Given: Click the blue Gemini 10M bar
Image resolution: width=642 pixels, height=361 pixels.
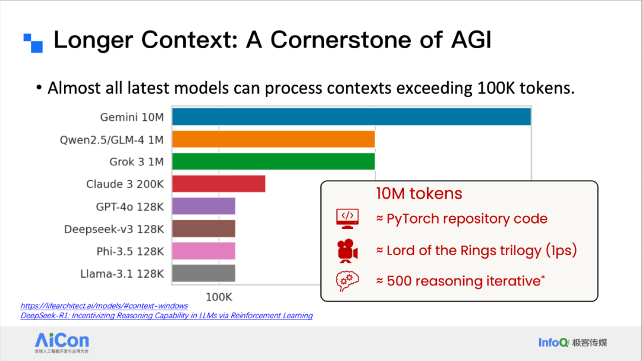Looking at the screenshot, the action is [x=351, y=117].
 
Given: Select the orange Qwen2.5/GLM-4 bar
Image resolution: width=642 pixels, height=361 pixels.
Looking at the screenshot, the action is [x=273, y=139].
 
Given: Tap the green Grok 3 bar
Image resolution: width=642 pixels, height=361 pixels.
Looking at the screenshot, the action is [x=273, y=161].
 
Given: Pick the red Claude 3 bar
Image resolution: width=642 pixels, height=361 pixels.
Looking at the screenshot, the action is [x=219, y=184].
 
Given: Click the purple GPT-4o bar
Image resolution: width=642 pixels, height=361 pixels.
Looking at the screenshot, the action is [x=203, y=206].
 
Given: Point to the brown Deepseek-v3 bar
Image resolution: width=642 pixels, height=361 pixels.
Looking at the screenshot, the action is [x=203, y=228].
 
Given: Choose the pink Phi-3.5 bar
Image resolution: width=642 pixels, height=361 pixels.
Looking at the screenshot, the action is [x=203, y=251].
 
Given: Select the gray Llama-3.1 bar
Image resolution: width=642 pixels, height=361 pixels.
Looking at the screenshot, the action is [x=203, y=274].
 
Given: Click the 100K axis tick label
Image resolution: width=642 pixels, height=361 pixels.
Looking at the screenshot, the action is [x=219, y=297].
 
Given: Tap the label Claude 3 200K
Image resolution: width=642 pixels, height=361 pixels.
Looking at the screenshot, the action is [x=125, y=184].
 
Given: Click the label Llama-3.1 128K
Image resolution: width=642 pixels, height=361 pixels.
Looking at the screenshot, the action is [x=122, y=274].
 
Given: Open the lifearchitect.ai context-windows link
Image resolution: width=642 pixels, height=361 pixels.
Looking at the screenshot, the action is [x=104, y=306].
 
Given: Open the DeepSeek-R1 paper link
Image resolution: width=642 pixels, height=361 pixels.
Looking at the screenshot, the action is [x=166, y=316].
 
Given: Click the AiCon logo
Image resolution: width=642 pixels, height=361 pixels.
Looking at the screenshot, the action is [x=62, y=343].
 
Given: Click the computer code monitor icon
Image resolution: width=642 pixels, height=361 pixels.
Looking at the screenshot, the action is [x=347, y=218].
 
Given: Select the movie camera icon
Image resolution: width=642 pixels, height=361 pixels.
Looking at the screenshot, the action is [x=347, y=250].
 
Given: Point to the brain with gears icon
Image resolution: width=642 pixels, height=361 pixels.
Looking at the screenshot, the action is [x=347, y=281].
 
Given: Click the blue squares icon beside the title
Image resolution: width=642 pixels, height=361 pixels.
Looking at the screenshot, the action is [x=33, y=43].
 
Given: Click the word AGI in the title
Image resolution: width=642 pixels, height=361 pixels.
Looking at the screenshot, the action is [x=471, y=40].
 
